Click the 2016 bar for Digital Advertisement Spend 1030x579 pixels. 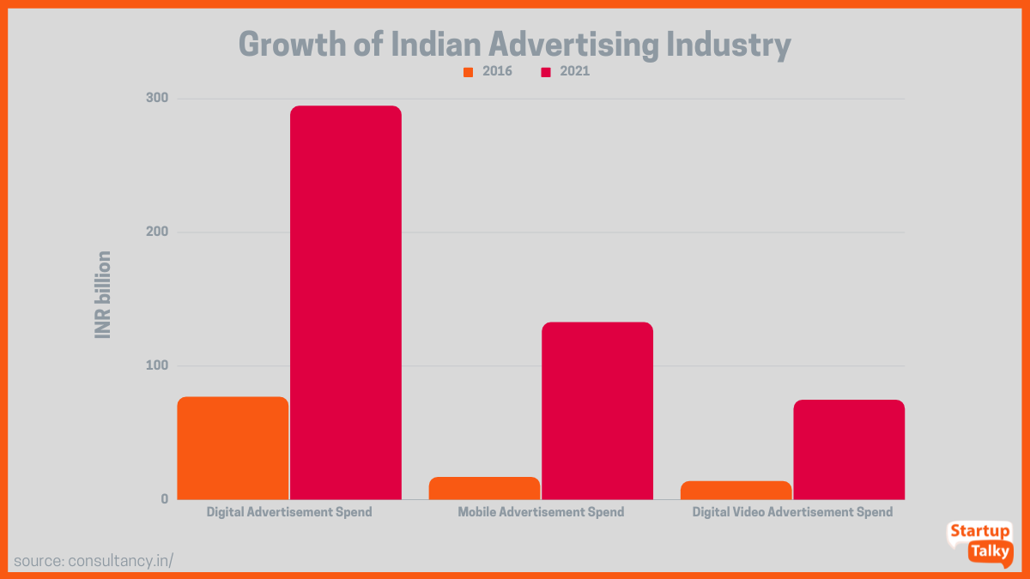(x=233, y=448)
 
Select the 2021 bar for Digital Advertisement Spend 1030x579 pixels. (x=346, y=302)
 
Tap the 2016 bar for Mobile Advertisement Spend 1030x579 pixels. (x=484, y=488)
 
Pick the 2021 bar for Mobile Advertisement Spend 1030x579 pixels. (x=597, y=410)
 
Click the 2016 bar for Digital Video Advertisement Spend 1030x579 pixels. (x=736, y=490)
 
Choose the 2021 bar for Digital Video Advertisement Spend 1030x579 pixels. (x=849, y=449)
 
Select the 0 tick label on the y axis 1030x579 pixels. (x=163, y=499)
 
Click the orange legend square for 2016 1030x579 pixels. (x=469, y=72)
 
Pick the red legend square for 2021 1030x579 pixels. (x=546, y=72)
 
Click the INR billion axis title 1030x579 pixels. (x=103, y=294)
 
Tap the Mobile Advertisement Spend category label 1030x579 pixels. (x=541, y=512)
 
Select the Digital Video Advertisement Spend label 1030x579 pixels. (x=792, y=512)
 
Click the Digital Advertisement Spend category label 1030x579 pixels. (x=289, y=512)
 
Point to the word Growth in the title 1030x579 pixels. (x=292, y=44)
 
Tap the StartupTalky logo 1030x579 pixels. (x=980, y=543)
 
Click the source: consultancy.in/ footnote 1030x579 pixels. (x=94, y=560)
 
